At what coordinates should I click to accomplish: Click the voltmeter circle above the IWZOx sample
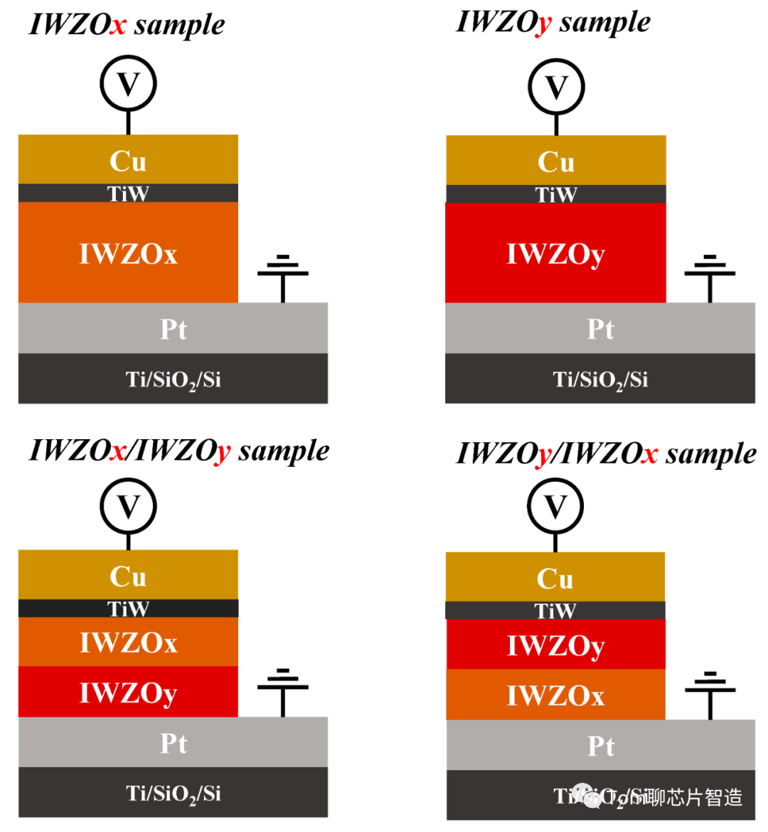click(128, 84)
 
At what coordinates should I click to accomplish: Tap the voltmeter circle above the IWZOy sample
click(556, 87)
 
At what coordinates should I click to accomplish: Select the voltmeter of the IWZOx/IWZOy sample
click(128, 507)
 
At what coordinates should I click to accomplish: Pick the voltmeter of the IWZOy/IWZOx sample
click(555, 507)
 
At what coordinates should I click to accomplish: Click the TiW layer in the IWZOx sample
click(128, 193)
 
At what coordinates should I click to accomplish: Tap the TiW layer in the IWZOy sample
click(556, 194)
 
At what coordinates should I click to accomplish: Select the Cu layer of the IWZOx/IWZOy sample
click(128, 575)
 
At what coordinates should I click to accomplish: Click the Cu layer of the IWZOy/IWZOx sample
click(555, 578)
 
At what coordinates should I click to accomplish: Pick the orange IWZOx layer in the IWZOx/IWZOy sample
click(128, 642)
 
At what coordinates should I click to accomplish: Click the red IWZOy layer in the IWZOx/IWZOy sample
click(128, 692)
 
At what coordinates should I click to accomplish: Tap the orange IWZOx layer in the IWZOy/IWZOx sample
click(555, 695)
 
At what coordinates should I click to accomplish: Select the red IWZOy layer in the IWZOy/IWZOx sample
click(555, 645)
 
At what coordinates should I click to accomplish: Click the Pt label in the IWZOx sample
click(174, 329)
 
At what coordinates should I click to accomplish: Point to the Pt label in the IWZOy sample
click(601, 329)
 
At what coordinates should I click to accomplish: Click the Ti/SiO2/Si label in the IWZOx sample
click(174, 379)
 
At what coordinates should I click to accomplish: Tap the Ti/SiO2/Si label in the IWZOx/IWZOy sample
click(174, 793)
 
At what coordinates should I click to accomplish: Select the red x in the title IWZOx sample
click(118, 26)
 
